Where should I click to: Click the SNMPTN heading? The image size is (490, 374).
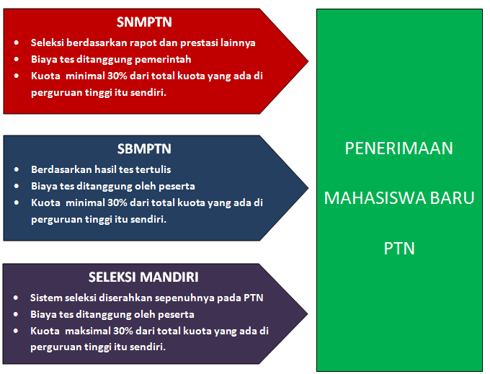(x=144, y=22)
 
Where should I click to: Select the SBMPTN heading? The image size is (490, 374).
(x=144, y=149)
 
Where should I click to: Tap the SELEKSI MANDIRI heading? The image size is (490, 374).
(x=143, y=277)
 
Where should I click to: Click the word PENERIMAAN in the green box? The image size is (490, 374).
(x=399, y=148)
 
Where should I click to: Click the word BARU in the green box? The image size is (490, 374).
(x=453, y=198)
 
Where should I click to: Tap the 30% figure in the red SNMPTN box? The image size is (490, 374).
(x=117, y=76)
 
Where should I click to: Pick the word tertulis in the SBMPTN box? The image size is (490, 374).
(x=156, y=169)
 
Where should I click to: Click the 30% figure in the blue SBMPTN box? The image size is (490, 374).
(x=117, y=202)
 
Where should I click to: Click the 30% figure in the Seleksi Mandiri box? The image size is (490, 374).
(x=123, y=331)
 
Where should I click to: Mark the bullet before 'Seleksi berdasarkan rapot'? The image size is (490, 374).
(x=17, y=43)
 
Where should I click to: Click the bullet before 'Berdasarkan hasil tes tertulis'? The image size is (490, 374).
(x=17, y=169)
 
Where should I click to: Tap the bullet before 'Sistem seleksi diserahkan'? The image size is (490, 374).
(x=16, y=298)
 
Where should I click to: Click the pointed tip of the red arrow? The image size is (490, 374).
(x=308, y=61)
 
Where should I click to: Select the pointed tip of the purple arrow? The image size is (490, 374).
(x=308, y=314)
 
